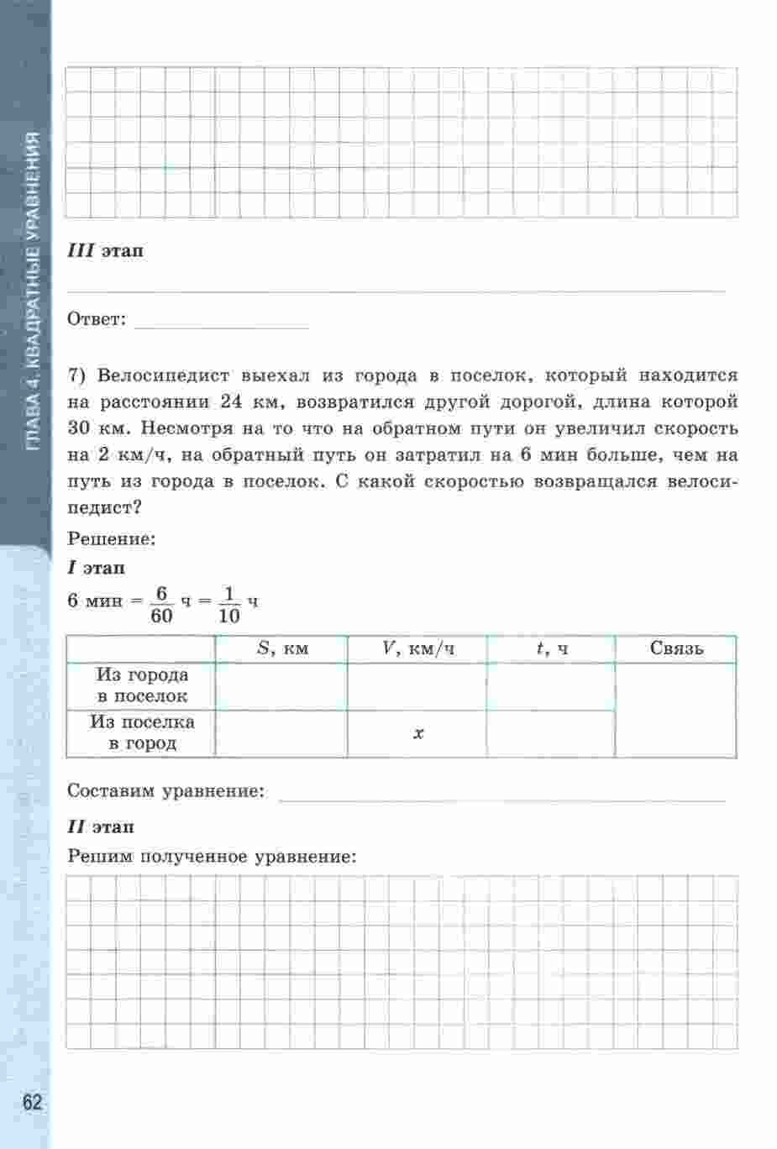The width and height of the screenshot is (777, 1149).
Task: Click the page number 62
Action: point(32,1102)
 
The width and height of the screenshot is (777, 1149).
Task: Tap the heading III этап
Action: point(105,251)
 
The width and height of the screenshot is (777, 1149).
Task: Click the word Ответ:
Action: point(97,319)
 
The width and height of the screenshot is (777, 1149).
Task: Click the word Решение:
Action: point(112,539)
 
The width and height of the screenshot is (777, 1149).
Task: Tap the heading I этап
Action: point(97,568)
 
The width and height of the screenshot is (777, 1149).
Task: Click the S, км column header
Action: point(282,648)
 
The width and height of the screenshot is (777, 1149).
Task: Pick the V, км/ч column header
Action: point(417,648)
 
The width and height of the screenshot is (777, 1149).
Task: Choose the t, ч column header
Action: point(551,648)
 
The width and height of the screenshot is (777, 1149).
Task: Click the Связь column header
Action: point(676,648)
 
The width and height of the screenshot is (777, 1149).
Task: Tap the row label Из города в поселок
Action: point(142,685)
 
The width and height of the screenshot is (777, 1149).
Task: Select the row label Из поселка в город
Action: point(142,732)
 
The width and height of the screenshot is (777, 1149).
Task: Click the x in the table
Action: point(417,733)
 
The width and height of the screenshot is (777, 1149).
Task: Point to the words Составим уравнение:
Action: point(165,791)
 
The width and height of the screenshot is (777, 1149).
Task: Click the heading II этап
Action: point(101,827)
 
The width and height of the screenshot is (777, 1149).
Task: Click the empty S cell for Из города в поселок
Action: point(282,686)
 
